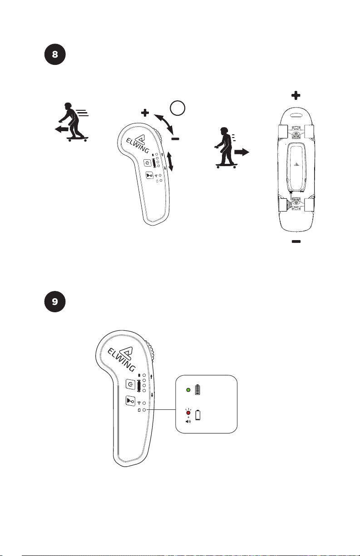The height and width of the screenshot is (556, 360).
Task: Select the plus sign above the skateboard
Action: coord(296,95)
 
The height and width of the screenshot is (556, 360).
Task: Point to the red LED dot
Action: coord(187,413)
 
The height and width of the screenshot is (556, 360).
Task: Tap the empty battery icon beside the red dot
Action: coord(197,414)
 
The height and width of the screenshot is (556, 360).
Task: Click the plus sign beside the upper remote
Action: coord(145,113)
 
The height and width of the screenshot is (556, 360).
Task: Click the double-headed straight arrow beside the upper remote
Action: coord(171,162)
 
